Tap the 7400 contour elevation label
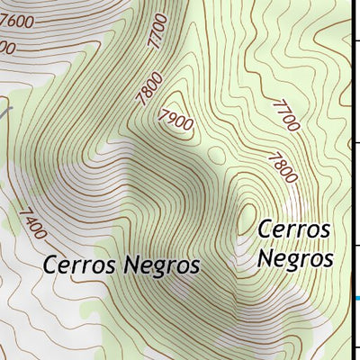pyautogui.click(x=31, y=223)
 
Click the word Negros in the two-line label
pyautogui.click(x=295, y=258)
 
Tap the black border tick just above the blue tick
pyautogui.click(x=355, y=242)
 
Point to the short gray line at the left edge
pyautogui.click(x=7, y=112)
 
